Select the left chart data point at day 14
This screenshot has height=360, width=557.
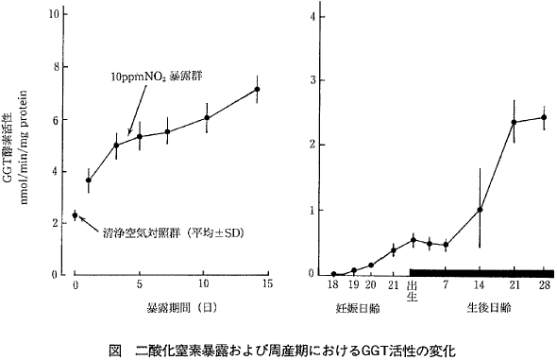257,90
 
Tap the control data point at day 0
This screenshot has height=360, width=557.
76,215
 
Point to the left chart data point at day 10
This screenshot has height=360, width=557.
206,117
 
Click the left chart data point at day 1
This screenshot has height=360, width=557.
88,180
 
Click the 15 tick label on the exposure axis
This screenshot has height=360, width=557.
267,283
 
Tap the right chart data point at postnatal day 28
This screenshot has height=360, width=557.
544,117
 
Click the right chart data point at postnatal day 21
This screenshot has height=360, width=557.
514,122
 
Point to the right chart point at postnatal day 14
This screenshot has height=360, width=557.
480,210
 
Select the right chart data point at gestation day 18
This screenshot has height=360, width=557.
333,274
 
